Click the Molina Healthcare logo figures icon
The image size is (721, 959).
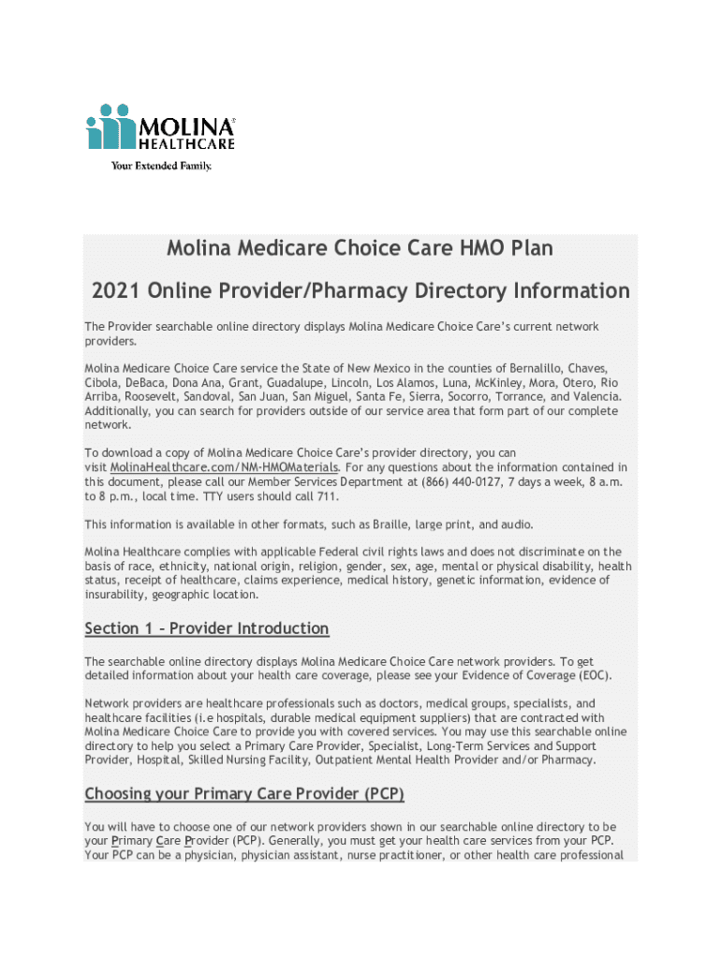[x=110, y=127]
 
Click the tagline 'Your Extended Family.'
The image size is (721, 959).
[x=161, y=166]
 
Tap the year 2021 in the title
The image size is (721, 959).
[x=117, y=290]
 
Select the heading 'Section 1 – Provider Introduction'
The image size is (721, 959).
[x=207, y=627]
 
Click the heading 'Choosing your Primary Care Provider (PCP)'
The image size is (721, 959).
[x=244, y=794]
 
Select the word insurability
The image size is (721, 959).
[x=116, y=594]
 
